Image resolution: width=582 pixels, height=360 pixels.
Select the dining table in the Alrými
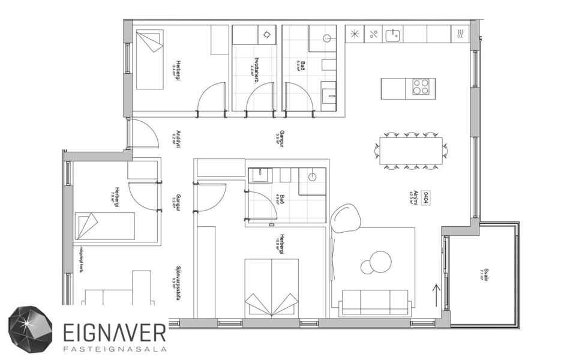click(412, 150)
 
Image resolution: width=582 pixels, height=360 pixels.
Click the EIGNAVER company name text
click(115, 329)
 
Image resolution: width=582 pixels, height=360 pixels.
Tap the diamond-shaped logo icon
click(30, 329)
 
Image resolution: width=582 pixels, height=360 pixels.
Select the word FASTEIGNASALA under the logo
click(114, 347)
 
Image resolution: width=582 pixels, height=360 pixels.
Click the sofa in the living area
click(374, 301)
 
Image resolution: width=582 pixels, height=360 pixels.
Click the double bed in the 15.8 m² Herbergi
click(272, 286)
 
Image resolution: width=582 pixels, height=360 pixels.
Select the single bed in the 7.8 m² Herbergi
click(104, 226)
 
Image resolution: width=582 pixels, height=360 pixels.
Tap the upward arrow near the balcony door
click(436, 295)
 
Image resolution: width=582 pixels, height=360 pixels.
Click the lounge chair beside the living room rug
click(346, 218)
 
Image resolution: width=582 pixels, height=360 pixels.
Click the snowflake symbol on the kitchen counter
click(355, 34)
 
